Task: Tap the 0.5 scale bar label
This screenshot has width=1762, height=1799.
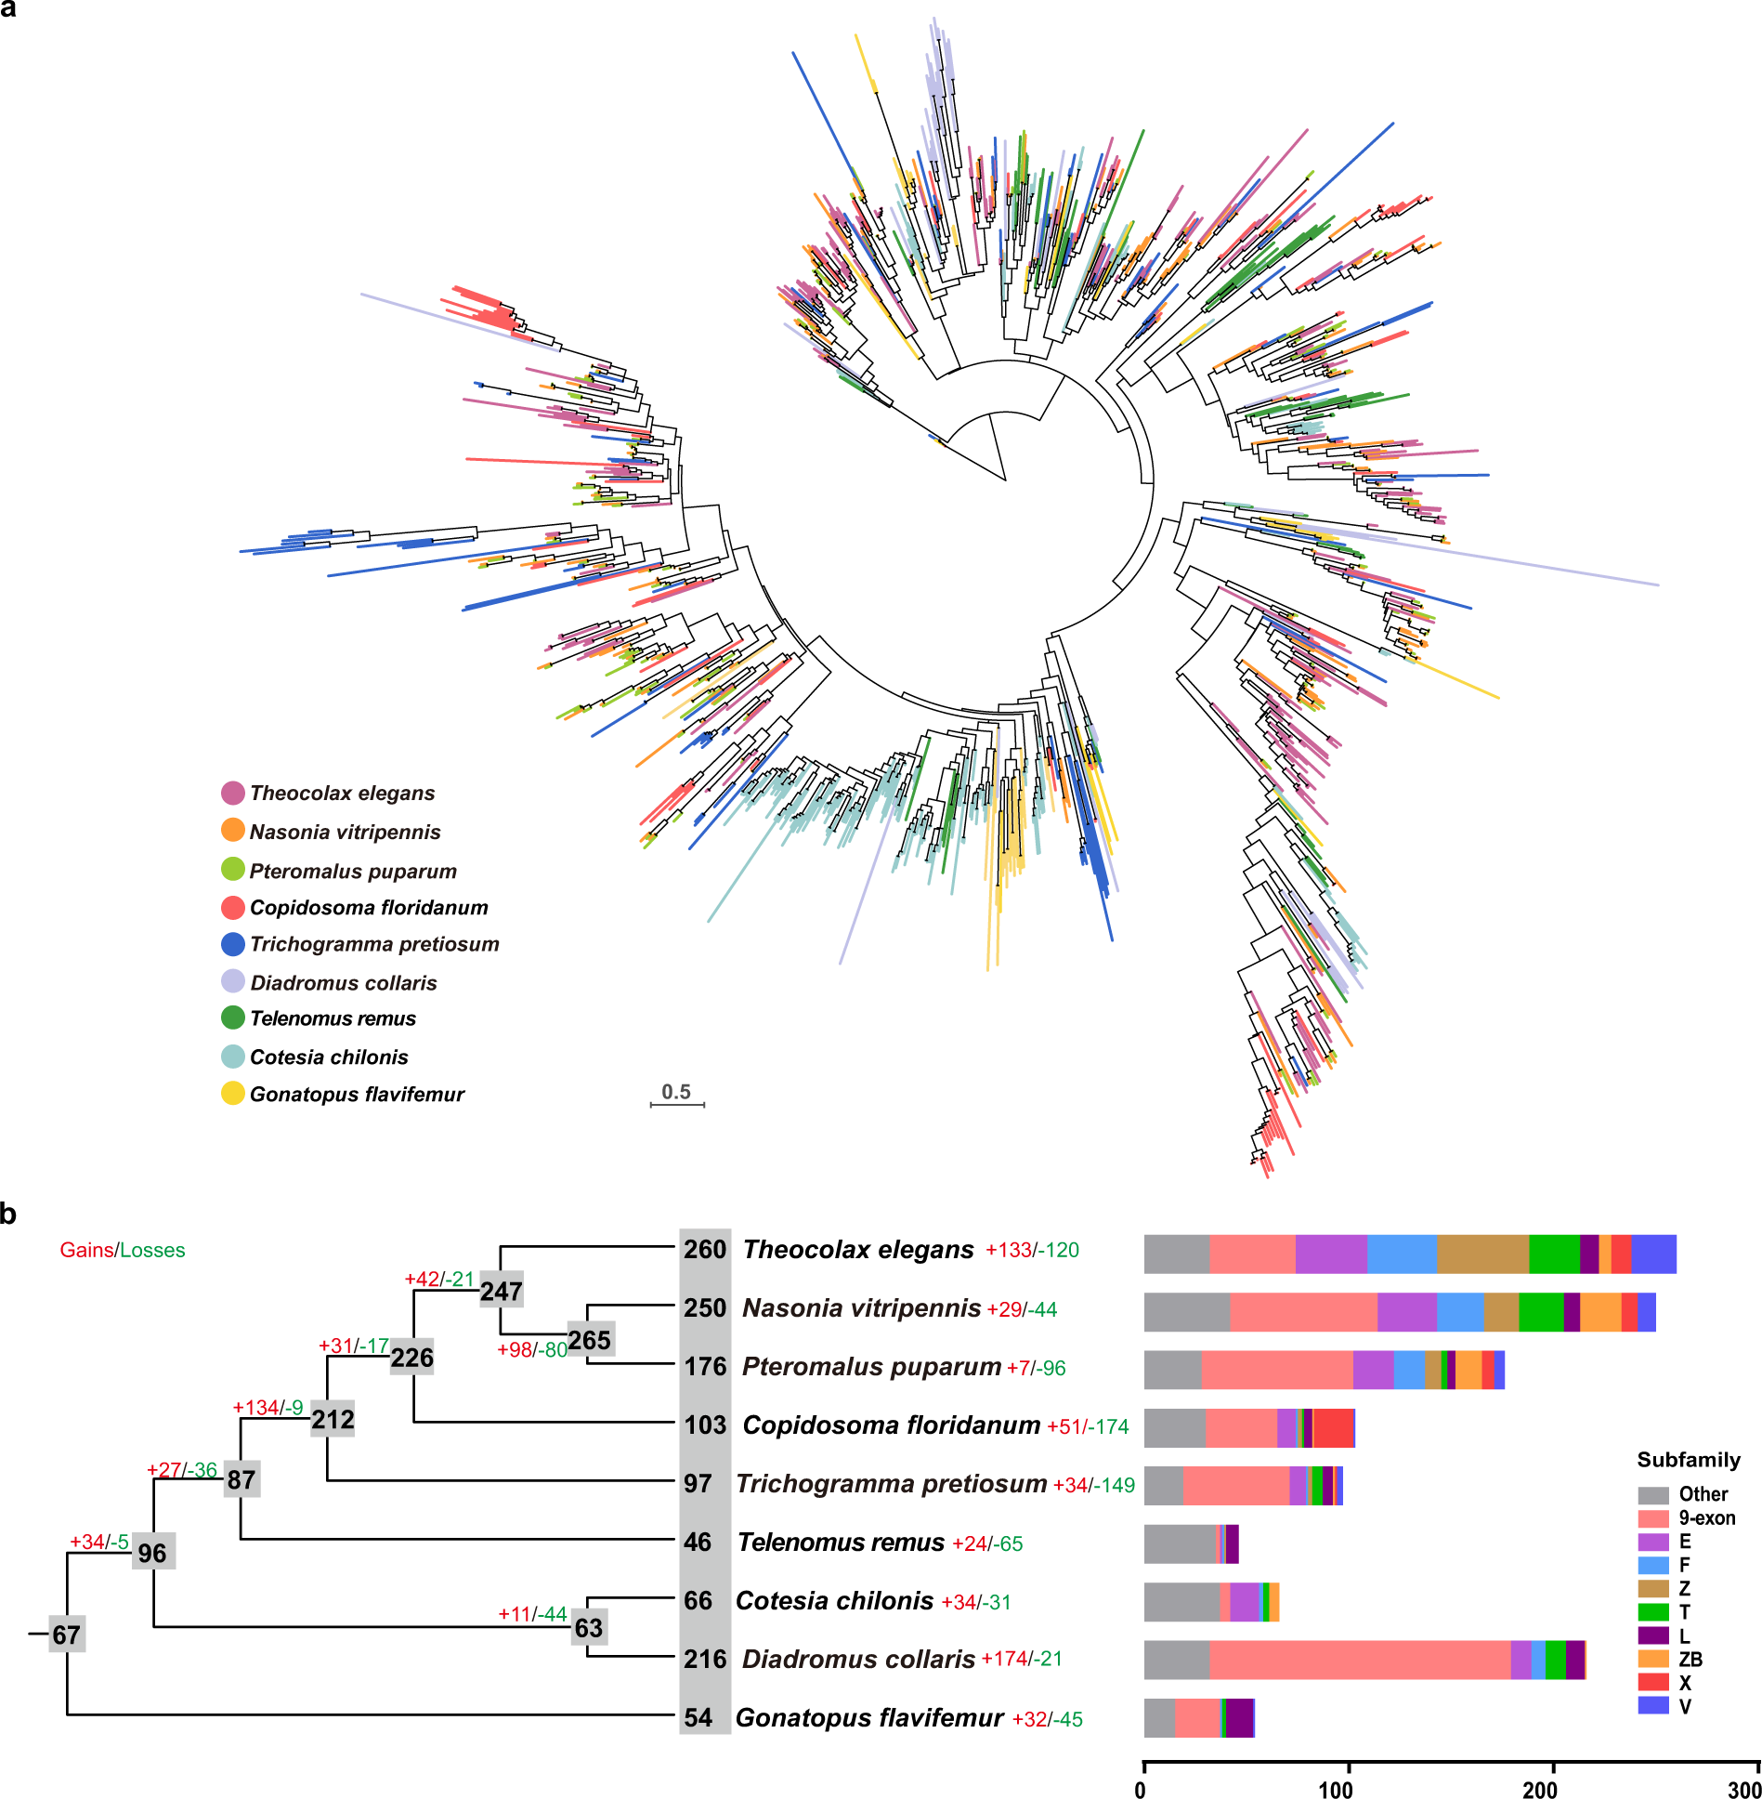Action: (676, 1092)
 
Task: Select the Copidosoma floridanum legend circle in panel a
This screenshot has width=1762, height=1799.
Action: (233, 908)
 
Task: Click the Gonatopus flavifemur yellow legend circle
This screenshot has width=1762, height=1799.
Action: (233, 1094)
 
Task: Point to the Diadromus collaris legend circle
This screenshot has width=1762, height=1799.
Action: (233, 981)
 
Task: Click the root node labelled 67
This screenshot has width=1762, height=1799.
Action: (67, 1635)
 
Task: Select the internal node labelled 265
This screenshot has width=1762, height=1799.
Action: (590, 1340)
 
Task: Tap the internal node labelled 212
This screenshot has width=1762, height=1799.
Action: (333, 1419)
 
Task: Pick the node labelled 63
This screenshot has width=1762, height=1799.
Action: (589, 1627)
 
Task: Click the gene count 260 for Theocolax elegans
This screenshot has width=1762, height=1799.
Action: (705, 1250)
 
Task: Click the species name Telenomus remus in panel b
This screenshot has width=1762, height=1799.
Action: (841, 1543)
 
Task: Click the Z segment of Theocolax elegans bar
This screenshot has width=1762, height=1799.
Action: (1482, 1254)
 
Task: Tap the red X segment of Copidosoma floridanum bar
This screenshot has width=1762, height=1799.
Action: (1333, 1428)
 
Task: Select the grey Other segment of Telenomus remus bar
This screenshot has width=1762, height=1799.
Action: (1180, 1544)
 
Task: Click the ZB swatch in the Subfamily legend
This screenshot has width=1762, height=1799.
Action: (1653, 1659)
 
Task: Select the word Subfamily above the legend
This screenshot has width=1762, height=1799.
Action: (1689, 1460)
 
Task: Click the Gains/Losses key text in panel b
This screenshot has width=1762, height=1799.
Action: (123, 1251)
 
